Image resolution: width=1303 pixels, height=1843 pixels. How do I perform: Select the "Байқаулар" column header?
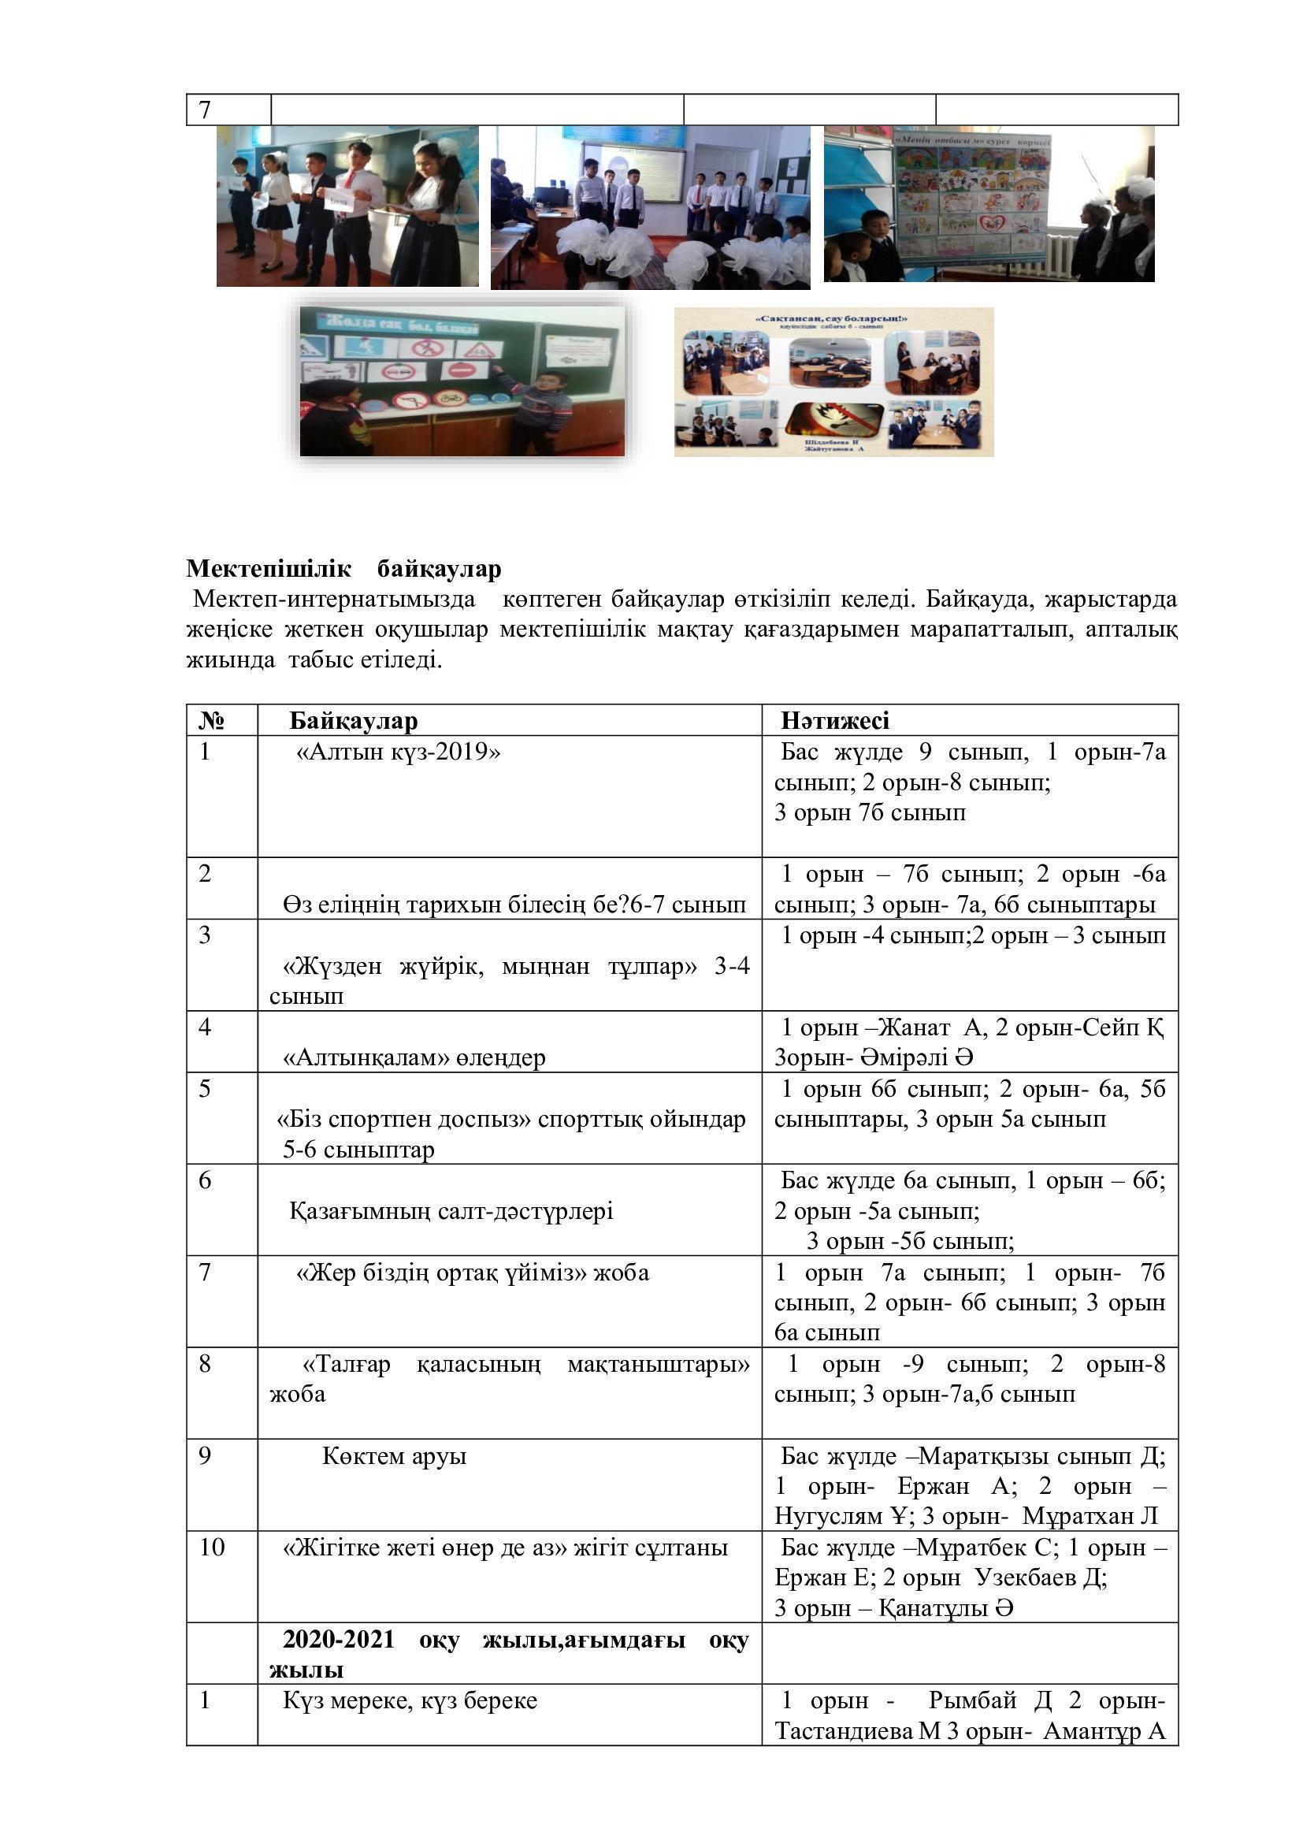[x=353, y=720]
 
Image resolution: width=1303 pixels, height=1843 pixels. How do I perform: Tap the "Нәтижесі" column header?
[x=834, y=720]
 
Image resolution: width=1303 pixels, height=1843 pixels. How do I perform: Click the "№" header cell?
[x=211, y=720]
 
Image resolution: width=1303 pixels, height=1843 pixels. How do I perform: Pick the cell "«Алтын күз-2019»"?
[x=398, y=752]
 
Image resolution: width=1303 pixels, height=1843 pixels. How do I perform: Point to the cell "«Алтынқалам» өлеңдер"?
[x=414, y=1057]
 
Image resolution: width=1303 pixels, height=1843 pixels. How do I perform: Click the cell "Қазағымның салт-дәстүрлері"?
[x=451, y=1210]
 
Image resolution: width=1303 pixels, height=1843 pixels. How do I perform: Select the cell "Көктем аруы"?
[x=394, y=1455]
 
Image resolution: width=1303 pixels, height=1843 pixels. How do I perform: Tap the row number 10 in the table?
[x=212, y=1547]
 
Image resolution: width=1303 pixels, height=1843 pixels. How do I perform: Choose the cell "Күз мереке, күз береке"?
[x=409, y=1700]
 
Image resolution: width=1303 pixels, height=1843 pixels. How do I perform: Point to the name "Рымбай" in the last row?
[x=972, y=1700]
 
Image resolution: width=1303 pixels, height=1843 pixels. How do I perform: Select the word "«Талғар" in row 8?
[x=347, y=1364]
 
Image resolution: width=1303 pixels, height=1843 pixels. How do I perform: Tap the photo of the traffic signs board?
[x=462, y=381]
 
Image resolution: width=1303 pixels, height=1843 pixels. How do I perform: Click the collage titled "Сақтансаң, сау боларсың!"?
[x=833, y=382]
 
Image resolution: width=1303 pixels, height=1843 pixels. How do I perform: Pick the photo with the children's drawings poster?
[x=989, y=203]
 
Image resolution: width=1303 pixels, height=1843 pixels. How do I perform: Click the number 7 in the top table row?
[x=205, y=110]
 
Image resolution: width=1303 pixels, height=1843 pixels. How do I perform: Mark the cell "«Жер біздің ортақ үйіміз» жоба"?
[x=473, y=1273]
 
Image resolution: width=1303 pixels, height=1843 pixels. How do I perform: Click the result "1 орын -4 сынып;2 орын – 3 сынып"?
[x=972, y=935]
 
